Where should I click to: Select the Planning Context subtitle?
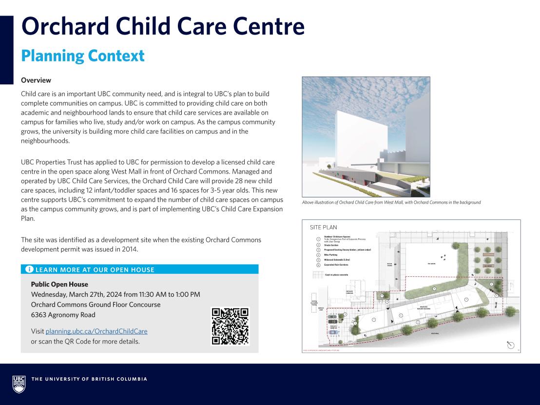click(83, 56)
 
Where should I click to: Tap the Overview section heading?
click(36, 80)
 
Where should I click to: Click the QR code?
click(230, 326)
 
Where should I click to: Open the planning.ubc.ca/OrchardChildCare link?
click(96, 331)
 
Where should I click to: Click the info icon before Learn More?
click(29, 270)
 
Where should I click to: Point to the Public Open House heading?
click(59, 284)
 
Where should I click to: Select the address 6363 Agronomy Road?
click(63, 314)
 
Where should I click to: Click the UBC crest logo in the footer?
click(19, 384)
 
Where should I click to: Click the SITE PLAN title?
click(323, 227)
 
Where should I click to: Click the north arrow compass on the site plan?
click(510, 345)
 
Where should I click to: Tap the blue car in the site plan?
click(333, 332)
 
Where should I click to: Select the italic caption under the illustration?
click(391, 202)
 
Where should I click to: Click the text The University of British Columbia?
click(89, 379)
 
